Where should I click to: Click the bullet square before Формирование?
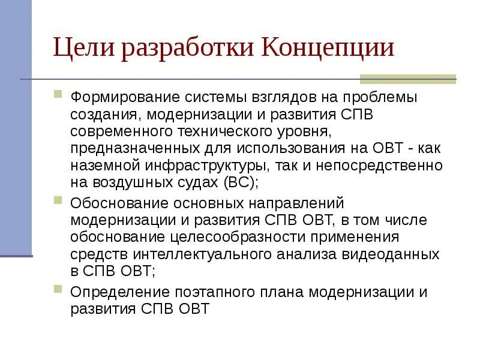[x=58, y=94]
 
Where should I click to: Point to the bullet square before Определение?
[x=58, y=289]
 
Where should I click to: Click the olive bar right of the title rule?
[x=407, y=79]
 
